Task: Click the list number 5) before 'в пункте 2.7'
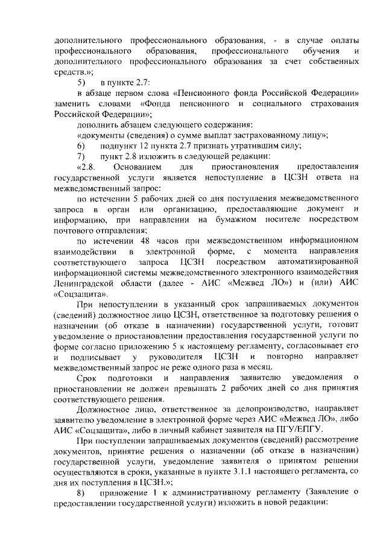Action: coord(81,82)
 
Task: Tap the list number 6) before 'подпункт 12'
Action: coord(81,146)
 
